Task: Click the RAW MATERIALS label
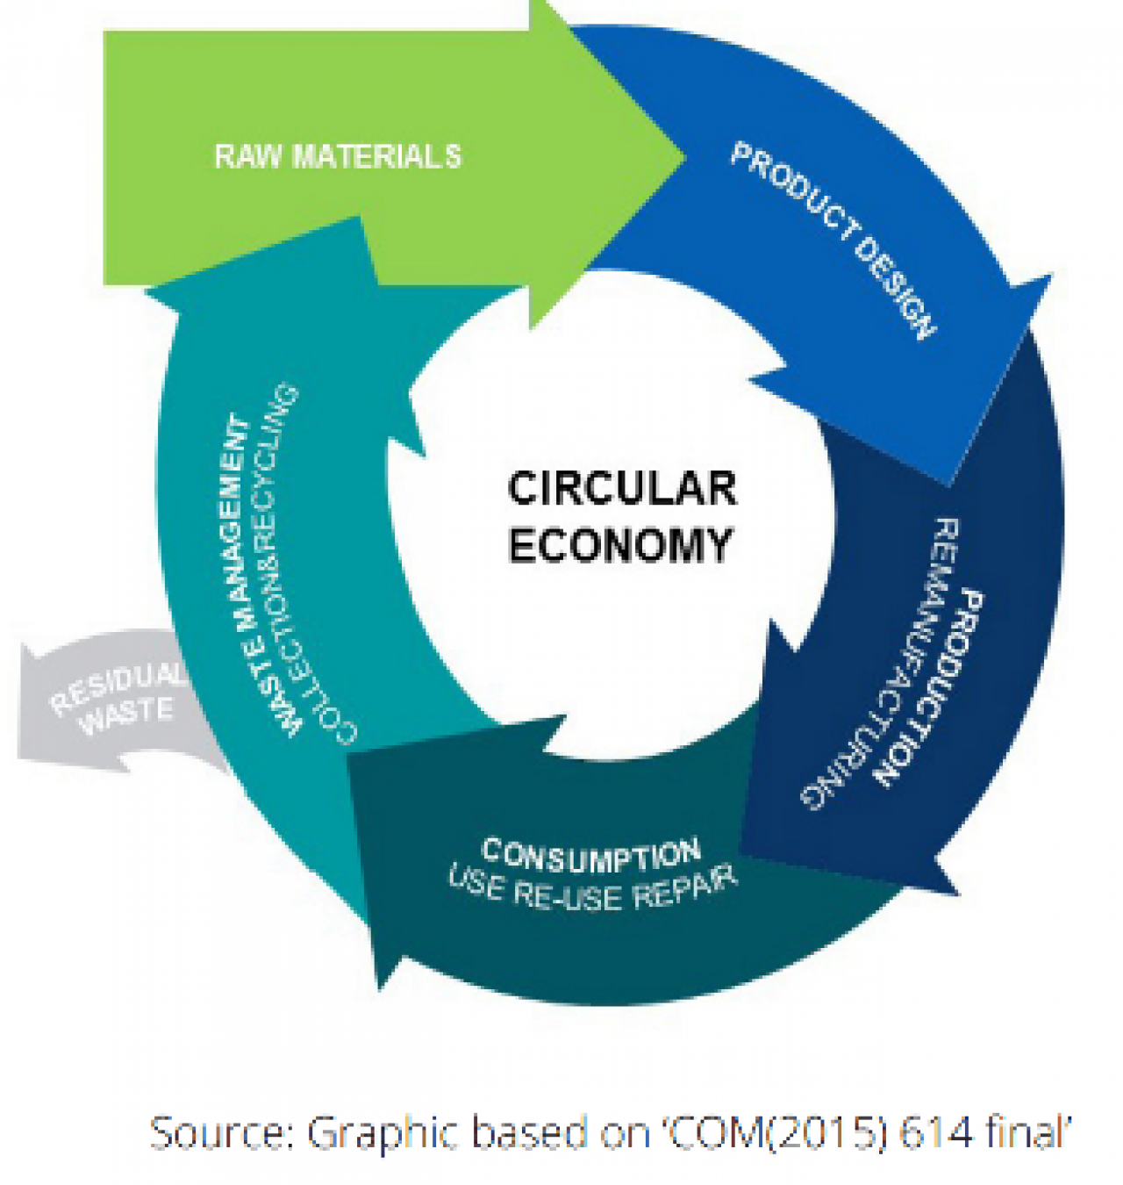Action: pos(338,157)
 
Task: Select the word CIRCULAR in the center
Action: pos(622,489)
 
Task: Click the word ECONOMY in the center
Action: pos(620,544)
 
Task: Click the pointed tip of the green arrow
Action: pos(685,158)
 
